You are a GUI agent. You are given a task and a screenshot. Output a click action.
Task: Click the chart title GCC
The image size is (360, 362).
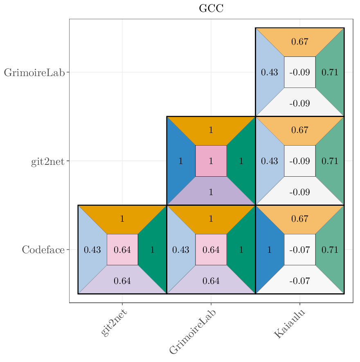click(x=211, y=9)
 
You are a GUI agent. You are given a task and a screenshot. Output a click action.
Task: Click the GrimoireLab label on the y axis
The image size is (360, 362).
click(x=34, y=73)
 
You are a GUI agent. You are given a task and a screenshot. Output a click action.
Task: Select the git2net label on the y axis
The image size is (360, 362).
click(x=48, y=162)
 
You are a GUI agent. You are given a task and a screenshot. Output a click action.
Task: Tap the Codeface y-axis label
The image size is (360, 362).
click(x=43, y=250)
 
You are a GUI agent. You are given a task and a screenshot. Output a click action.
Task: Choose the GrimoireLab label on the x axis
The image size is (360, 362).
click(x=192, y=331)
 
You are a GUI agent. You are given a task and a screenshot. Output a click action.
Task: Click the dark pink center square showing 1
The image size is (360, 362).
click(x=211, y=161)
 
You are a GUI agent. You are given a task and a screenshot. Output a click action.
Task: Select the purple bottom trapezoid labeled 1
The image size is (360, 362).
click(x=211, y=192)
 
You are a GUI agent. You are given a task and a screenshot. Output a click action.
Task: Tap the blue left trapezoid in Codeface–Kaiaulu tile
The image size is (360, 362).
click(x=269, y=250)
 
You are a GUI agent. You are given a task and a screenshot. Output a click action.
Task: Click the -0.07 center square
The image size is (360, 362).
click(x=300, y=250)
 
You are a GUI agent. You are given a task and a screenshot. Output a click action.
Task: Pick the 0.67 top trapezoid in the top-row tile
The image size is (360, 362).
click(x=300, y=42)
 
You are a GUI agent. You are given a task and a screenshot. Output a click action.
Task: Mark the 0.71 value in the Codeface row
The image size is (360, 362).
click(x=330, y=250)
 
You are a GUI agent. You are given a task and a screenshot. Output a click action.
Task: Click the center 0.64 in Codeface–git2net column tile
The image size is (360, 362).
click(x=122, y=250)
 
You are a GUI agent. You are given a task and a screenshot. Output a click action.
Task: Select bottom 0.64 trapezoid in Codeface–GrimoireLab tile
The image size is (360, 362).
click(x=211, y=281)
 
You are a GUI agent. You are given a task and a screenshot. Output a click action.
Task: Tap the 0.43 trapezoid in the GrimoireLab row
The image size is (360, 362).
click(x=269, y=72)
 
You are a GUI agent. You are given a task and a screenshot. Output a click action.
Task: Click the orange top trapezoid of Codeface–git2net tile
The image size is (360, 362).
click(x=122, y=219)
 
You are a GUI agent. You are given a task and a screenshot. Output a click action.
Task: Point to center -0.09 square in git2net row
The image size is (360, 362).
click(x=300, y=161)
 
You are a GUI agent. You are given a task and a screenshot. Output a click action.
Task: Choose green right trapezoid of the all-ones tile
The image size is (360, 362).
click(x=241, y=161)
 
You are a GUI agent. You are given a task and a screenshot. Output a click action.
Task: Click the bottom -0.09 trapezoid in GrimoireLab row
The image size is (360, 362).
click(x=300, y=103)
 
